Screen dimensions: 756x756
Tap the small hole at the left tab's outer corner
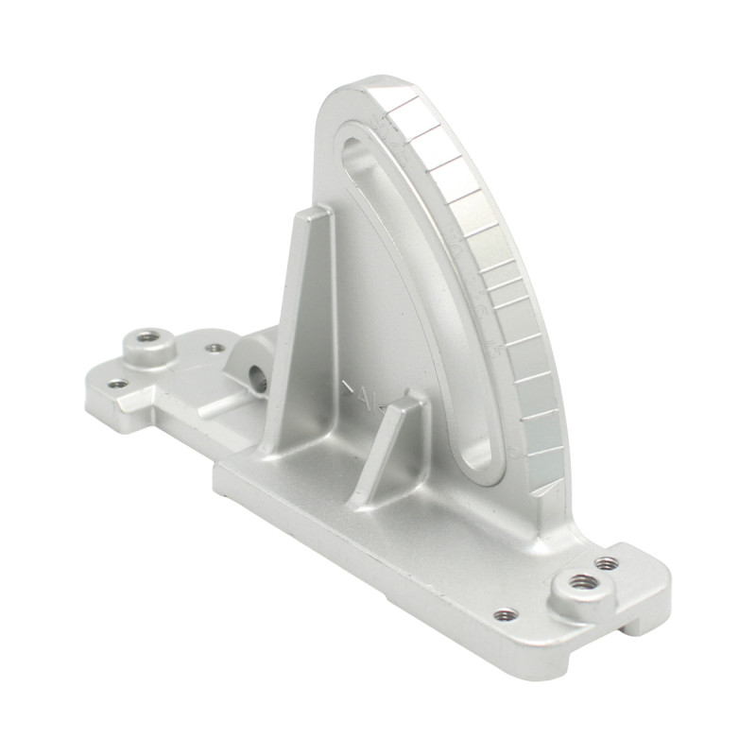pos(116,384)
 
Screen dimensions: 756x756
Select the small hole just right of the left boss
pos(215,348)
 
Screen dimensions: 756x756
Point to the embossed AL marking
pos(361,394)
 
